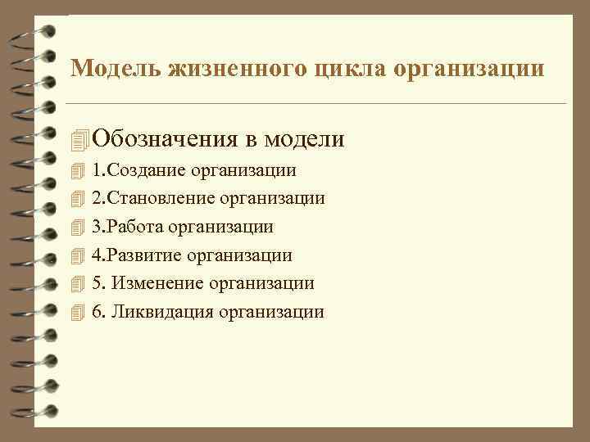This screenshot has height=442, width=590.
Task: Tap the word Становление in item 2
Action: tap(160, 198)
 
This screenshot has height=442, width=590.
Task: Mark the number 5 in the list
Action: tap(97, 283)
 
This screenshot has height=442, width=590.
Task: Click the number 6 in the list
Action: tap(97, 312)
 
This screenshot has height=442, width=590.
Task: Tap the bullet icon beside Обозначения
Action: tap(79, 140)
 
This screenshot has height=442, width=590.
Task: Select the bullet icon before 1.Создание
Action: tap(78, 171)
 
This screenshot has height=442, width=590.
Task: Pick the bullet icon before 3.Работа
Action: tap(78, 228)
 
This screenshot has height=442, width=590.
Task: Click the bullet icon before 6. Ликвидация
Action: tap(78, 313)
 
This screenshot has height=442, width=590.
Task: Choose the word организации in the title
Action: tap(468, 69)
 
